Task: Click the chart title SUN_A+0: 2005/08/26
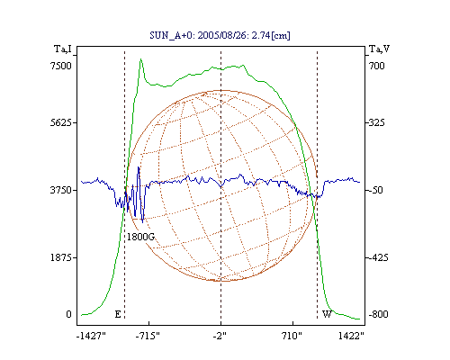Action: click(x=199, y=35)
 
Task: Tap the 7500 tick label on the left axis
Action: click(x=61, y=66)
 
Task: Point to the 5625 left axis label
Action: click(x=61, y=122)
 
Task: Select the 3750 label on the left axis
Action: click(x=61, y=190)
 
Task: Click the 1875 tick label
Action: click(x=61, y=257)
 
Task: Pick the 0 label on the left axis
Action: click(x=68, y=314)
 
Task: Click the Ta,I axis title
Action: click(x=63, y=49)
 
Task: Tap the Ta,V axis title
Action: click(x=379, y=49)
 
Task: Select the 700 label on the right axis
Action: click(x=376, y=66)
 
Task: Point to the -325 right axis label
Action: click(x=376, y=122)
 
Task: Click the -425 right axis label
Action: click(x=378, y=257)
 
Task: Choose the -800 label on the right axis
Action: click(x=378, y=314)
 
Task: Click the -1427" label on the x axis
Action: click(x=91, y=336)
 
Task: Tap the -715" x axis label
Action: click(x=148, y=336)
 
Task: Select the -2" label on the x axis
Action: click(x=220, y=336)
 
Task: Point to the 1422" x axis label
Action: click(x=351, y=336)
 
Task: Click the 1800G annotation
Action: click(x=140, y=237)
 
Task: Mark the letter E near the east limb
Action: click(x=118, y=314)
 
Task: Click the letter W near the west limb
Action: click(x=327, y=314)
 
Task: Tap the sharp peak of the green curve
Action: click(x=140, y=59)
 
